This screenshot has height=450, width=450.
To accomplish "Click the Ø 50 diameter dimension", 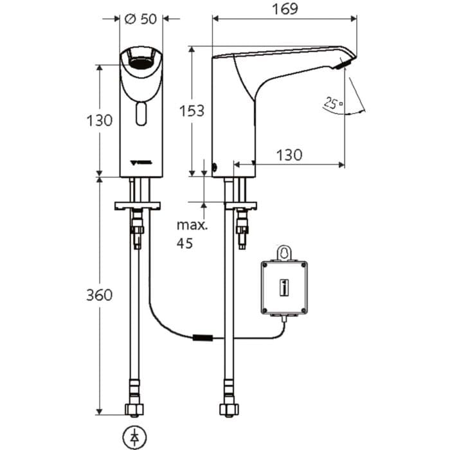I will (x=141, y=19).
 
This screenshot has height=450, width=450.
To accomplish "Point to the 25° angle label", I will (x=331, y=102).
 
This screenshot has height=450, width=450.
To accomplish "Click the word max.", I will (x=192, y=226).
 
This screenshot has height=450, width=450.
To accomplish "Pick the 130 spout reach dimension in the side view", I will (x=289, y=154).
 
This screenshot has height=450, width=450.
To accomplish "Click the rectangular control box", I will (x=283, y=287).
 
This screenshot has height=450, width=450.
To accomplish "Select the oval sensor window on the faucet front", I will (x=141, y=115).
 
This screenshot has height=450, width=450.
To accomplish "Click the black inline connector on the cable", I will (x=203, y=337).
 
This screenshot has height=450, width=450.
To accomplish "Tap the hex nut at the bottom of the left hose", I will (x=135, y=410).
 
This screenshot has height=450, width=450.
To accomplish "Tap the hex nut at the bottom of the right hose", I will (x=228, y=410).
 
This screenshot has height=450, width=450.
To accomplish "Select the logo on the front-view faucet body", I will (x=140, y=162).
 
